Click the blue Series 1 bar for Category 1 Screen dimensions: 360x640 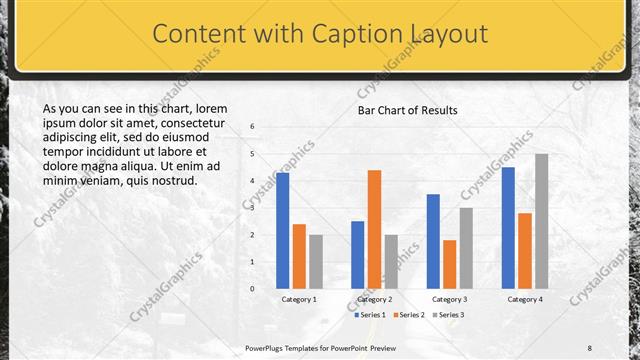point(283,230)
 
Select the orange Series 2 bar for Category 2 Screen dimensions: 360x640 point(374,229)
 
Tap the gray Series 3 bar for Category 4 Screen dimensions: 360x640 point(541,221)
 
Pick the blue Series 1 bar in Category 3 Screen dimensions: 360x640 point(433,241)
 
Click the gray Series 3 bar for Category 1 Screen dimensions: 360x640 point(315,261)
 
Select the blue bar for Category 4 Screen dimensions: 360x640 point(508,227)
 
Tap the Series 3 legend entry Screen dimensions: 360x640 point(449,315)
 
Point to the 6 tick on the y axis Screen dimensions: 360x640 point(252,127)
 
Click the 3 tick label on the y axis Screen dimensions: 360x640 point(252,208)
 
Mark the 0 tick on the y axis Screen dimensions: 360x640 point(252,289)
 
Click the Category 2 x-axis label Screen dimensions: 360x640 point(374,299)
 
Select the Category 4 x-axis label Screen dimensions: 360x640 point(525,299)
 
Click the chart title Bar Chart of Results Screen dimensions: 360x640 point(408,110)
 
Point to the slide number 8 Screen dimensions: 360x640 point(589,347)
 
